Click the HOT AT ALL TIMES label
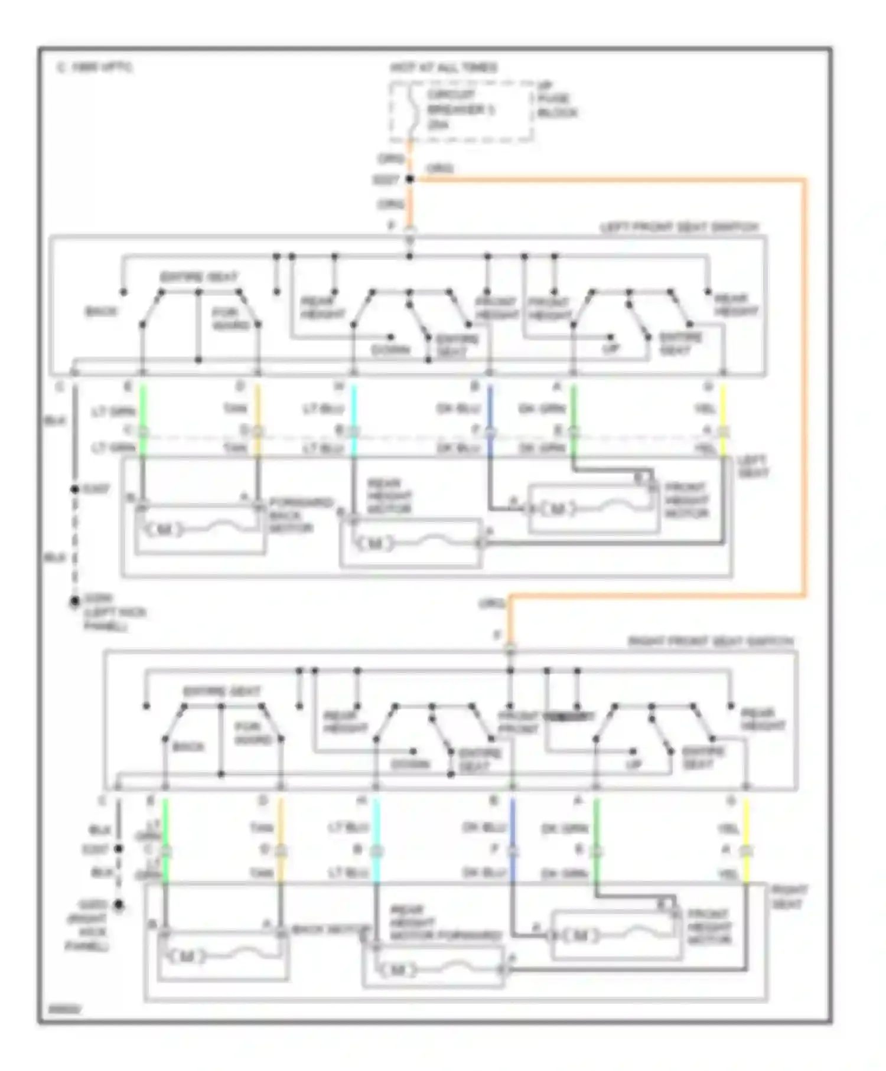pyautogui.click(x=443, y=68)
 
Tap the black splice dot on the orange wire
pyautogui.click(x=410, y=179)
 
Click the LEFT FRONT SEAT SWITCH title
pyautogui.click(x=679, y=227)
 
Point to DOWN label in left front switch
pyautogui.click(x=390, y=350)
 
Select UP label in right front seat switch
pyautogui.click(x=633, y=764)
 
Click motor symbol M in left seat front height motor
pyautogui.click(x=557, y=509)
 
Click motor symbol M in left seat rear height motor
pyautogui.click(x=374, y=543)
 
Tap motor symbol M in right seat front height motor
pyautogui.click(x=580, y=936)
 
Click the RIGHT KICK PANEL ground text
pyautogui.click(x=87, y=926)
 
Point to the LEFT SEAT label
pyautogui.click(x=753, y=466)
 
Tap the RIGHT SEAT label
pyautogui.click(x=789, y=897)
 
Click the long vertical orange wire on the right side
pyautogui.click(x=804, y=384)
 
